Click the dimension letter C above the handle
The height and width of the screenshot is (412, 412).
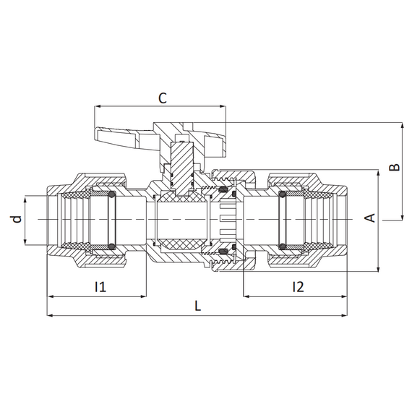[163, 98]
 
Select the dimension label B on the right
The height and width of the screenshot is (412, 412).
[394, 167]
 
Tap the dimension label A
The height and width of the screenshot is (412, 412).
[370, 218]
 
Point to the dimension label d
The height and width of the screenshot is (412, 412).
[17, 219]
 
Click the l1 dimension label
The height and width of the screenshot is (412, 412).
[100, 287]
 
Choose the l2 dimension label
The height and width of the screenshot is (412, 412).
[298, 287]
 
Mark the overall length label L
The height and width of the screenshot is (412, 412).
[197, 306]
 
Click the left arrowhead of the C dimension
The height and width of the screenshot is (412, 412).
[98, 106]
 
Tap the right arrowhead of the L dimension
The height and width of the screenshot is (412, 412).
[344, 315]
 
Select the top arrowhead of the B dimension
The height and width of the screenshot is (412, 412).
[402, 126]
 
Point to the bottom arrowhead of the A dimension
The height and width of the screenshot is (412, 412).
[378, 269]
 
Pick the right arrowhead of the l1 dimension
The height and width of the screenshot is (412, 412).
[143, 296]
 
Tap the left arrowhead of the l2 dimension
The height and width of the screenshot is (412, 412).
[246, 296]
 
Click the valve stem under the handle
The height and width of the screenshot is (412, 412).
[182, 168]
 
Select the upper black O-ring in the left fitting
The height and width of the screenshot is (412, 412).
[111, 194]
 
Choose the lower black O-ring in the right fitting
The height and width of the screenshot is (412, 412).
[282, 246]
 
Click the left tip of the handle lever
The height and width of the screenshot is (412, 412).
[96, 132]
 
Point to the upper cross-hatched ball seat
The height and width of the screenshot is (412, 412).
[182, 197]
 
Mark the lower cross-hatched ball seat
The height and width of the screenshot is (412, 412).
[182, 244]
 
